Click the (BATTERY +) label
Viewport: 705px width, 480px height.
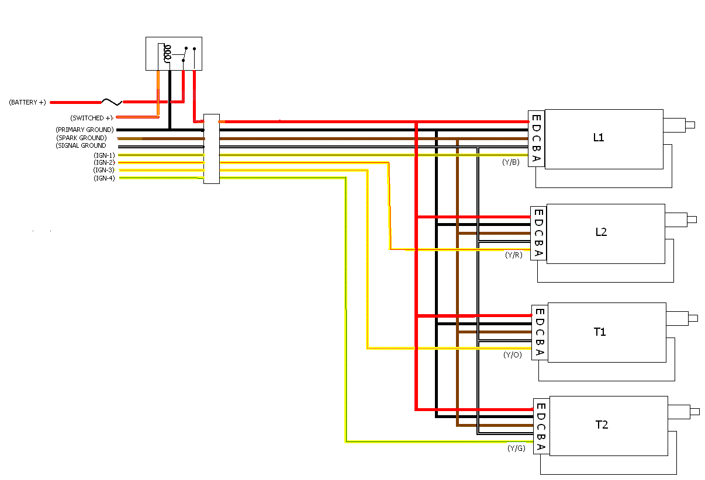27,102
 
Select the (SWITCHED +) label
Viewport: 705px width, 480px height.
91,118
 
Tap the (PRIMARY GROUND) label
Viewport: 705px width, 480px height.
85,130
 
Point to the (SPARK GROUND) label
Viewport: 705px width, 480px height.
82,138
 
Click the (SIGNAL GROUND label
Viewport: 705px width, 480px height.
81,145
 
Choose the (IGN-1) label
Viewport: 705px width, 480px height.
104,155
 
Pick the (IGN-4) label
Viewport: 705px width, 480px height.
104,178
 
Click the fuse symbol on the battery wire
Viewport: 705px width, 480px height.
111,102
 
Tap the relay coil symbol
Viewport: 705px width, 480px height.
168,54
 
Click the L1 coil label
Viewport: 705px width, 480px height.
599,138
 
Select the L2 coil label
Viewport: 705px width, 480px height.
601,232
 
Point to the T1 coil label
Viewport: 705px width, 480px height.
600,332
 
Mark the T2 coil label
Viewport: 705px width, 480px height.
602,425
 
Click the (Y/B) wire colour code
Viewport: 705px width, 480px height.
510,162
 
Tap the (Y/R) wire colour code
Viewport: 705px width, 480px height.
513,255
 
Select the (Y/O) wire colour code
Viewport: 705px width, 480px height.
512,354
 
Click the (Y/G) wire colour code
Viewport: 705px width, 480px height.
516,448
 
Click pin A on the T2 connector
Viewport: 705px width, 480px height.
541,447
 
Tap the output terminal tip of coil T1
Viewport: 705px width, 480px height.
693,318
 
